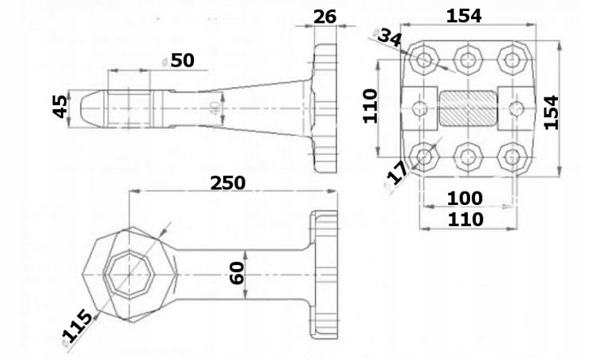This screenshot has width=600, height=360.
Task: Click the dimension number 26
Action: tap(325, 17)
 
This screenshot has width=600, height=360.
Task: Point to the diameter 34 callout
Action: tap(389, 37)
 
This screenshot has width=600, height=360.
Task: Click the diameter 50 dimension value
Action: tap(179, 62)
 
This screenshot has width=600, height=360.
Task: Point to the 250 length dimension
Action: tap(228, 183)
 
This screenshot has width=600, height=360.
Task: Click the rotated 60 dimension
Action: tap(237, 272)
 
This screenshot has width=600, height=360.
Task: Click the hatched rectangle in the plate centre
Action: tap(469, 107)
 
